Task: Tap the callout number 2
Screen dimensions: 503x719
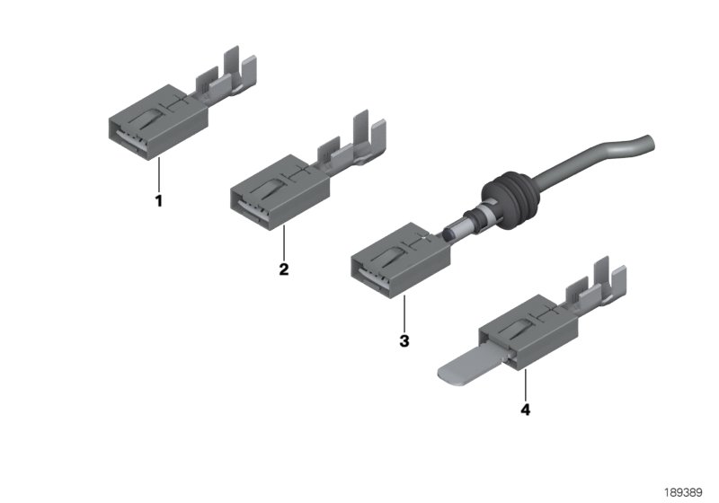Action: click(x=284, y=269)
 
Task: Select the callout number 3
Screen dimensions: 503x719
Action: click(x=404, y=341)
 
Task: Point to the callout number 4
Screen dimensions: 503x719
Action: click(x=525, y=410)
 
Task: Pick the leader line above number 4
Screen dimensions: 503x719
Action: click(x=525, y=384)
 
